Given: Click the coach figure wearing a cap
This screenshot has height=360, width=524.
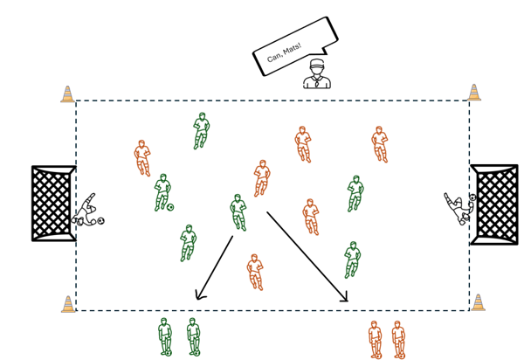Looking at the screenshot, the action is (x=317, y=74).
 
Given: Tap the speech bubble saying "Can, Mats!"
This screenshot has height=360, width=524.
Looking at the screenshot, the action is (x=295, y=46).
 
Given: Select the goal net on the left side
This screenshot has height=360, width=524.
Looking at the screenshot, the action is (x=53, y=203).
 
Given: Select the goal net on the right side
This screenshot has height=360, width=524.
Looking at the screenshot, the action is (x=494, y=204).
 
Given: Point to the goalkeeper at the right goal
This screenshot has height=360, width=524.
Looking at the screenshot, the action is (x=458, y=209).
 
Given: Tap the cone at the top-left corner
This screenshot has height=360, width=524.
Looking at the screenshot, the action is (x=67, y=93).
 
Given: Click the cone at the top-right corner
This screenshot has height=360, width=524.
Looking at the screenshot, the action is (x=474, y=93).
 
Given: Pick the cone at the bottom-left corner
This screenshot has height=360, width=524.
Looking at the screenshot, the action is (x=68, y=304).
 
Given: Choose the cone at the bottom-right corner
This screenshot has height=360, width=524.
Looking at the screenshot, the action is (x=478, y=302).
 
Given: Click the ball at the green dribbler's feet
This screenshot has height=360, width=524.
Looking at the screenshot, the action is (x=170, y=207).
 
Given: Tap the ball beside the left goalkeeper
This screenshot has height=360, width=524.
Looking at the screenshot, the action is (x=100, y=220).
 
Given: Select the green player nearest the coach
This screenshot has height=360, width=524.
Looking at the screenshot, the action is (x=201, y=131).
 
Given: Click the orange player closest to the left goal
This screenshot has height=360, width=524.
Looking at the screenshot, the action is (x=142, y=158).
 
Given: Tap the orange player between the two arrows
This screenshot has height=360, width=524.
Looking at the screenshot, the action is (x=255, y=272).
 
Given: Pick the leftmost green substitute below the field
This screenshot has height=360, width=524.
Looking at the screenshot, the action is (x=165, y=336).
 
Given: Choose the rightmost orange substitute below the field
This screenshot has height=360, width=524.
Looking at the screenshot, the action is (x=399, y=340).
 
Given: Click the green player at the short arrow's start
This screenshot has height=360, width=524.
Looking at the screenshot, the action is (x=238, y=212).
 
